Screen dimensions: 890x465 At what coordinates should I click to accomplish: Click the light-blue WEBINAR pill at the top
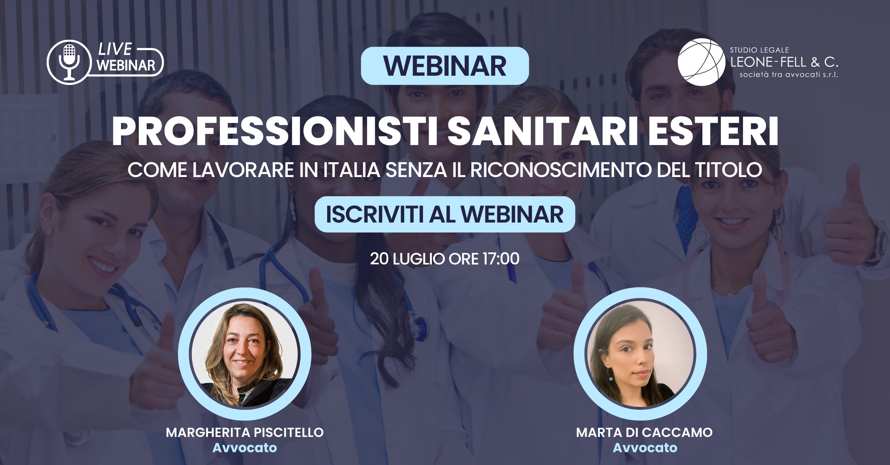click(x=445, y=66)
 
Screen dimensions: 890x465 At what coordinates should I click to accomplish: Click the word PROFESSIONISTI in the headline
click(x=274, y=133)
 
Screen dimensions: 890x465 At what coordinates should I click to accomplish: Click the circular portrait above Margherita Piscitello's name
click(x=245, y=354)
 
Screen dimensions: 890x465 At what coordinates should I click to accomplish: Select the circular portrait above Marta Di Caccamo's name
click(x=640, y=354)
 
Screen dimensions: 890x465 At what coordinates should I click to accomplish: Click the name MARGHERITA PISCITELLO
click(x=245, y=432)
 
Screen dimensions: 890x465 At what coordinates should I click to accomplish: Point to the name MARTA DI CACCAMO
click(x=644, y=432)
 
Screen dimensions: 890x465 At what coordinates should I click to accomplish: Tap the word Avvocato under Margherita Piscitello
click(x=245, y=448)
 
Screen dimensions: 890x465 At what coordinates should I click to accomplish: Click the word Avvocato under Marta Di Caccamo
click(x=645, y=448)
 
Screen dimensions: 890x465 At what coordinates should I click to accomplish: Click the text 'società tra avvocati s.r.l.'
click(x=789, y=75)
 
